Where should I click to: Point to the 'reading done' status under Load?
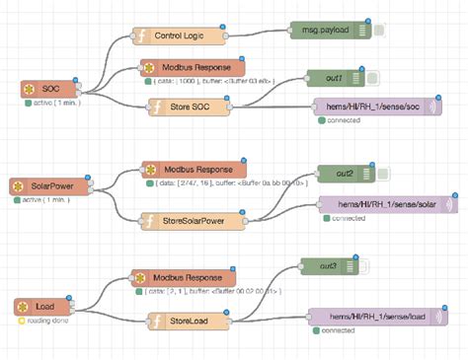pyautogui.click(x=43, y=322)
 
